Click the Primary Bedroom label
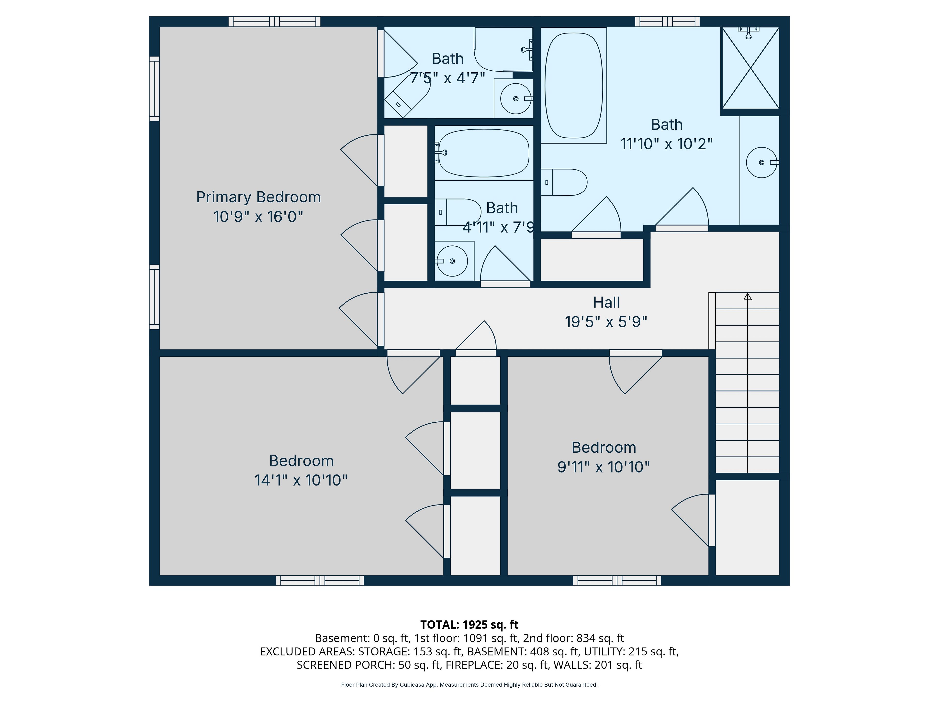258,197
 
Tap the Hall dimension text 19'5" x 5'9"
606,322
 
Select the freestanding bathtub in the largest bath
573,85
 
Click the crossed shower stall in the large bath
750,68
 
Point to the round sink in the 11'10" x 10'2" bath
761,163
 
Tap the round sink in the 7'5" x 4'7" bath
516,99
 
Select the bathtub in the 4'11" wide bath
483,153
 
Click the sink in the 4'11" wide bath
452,261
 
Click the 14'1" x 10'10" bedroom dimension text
301,480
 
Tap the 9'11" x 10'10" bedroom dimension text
604,467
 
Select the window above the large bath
667,22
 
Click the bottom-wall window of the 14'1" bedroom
320,581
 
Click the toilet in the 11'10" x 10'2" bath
564,182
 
